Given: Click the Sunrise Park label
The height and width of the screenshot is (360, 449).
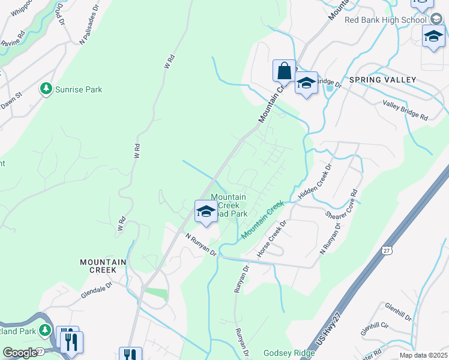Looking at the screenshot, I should [x=78, y=89].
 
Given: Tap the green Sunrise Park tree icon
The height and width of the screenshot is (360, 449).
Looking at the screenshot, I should [x=46, y=89].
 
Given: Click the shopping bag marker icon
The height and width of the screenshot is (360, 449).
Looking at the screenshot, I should [x=284, y=71].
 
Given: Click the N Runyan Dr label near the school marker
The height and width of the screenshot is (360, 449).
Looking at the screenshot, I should [x=200, y=244].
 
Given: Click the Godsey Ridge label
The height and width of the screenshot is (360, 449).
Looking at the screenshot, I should [x=289, y=353].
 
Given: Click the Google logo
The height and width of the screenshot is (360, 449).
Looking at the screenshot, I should [x=20, y=353].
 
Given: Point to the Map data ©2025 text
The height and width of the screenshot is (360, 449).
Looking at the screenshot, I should [x=424, y=355].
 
